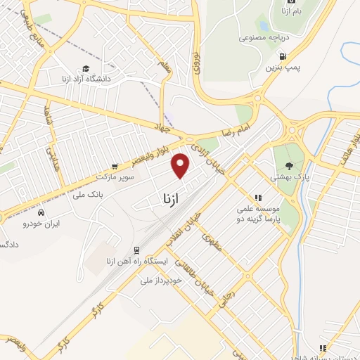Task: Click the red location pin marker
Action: click(x=181, y=165)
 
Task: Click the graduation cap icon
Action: click(x=86, y=69)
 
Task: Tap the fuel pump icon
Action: click(x=283, y=56)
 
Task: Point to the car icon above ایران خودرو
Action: click(x=41, y=212)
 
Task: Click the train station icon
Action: click(x=136, y=250)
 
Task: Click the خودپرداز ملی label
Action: click(x=161, y=280)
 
